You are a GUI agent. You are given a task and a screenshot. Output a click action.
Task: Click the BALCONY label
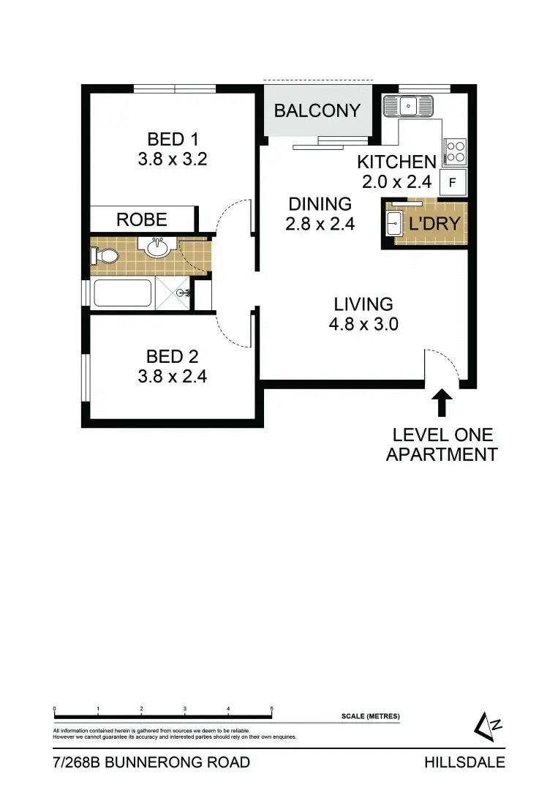pos(317,110)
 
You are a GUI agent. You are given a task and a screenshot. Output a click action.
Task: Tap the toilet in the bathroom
pos(104,256)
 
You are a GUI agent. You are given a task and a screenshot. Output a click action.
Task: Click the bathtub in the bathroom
pos(122,294)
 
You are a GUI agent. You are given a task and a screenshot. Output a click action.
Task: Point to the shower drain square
pos(181,293)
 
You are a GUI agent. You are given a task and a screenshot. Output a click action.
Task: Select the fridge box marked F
pos(453,183)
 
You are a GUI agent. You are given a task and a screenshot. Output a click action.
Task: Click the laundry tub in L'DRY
pos(393,224)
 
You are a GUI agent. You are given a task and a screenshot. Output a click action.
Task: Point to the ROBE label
pos(142,219)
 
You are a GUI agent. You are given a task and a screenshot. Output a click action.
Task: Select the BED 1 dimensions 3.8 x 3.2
pos(173,158)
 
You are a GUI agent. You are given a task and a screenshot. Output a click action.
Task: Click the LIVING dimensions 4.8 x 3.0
pos(363,324)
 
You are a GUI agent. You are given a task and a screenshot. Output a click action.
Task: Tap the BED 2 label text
pos(173,357)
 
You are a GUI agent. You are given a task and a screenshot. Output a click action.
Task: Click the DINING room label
pos(320,204)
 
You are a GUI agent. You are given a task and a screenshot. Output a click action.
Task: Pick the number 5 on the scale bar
pos(272,709)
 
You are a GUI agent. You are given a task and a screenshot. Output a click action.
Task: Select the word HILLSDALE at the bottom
pos(464,762)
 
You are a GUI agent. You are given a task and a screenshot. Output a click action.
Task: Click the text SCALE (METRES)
pos(370,716)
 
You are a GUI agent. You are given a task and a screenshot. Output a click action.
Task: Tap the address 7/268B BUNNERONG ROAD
pos(151,762)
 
